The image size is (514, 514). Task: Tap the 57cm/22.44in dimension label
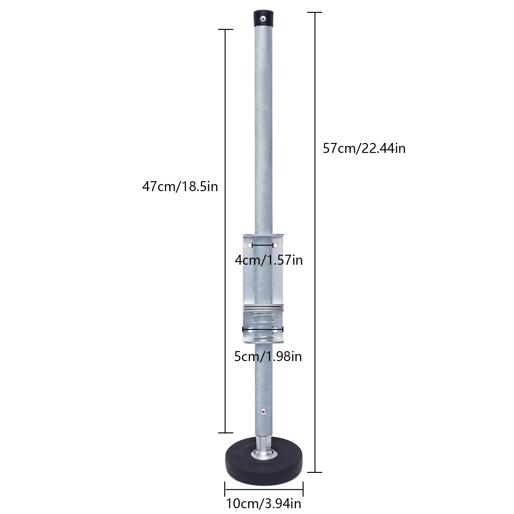(x=364, y=149)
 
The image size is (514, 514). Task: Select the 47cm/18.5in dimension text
(x=180, y=186)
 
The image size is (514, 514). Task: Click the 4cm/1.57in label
(x=269, y=260)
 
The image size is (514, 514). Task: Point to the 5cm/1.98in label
(x=268, y=357)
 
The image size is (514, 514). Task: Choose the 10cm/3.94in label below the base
(x=264, y=503)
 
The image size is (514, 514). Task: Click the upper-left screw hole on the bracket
(x=250, y=245)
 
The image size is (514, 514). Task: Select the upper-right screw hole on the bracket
(x=275, y=245)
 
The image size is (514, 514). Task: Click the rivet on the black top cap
(x=263, y=19)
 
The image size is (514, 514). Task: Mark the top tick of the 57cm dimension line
(x=314, y=12)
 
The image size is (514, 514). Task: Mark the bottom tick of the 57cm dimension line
(x=314, y=472)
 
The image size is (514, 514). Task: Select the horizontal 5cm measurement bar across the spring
(x=263, y=329)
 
